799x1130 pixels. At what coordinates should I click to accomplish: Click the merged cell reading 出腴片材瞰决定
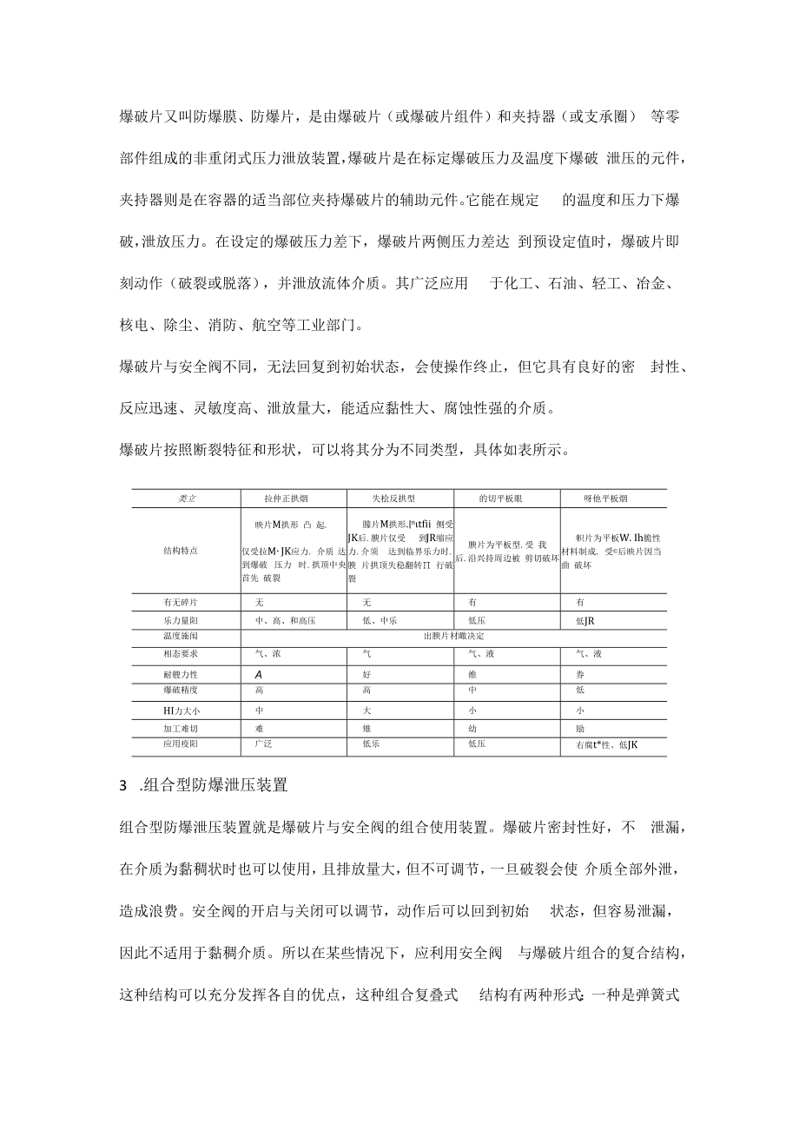click(x=452, y=637)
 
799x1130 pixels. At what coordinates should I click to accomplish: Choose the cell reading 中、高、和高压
click(x=281, y=620)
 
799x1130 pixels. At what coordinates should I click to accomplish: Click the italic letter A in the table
click(x=259, y=674)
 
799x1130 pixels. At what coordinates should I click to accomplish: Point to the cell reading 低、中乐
click(x=380, y=620)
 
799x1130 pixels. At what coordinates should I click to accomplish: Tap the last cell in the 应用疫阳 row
click(x=607, y=745)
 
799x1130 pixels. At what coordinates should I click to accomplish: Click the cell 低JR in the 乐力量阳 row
click(x=585, y=620)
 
